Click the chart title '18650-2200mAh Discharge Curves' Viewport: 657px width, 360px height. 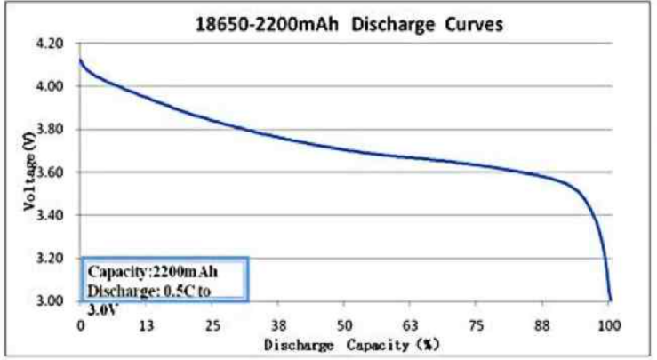pyautogui.click(x=349, y=24)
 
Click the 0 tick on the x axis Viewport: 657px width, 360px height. pyautogui.click(x=81, y=324)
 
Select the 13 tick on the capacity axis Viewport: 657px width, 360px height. pyautogui.click(x=146, y=324)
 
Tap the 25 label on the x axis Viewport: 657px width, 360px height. pyautogui.click(x=213, y=324)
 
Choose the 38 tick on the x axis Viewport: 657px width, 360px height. pyautogui.click(x=279, y=324)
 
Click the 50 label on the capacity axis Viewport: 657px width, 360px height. pyautogui.click(x=345, y=324)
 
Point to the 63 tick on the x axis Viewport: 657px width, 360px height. pyautogui.click(x=412, y=324)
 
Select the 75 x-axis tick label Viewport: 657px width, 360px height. pyautogui.click(x=477, y=324)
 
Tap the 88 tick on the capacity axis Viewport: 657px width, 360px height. pyautogui.click(x=543, y=324)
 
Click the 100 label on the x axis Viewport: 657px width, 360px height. pyautogui.click(x=609, y=324)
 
